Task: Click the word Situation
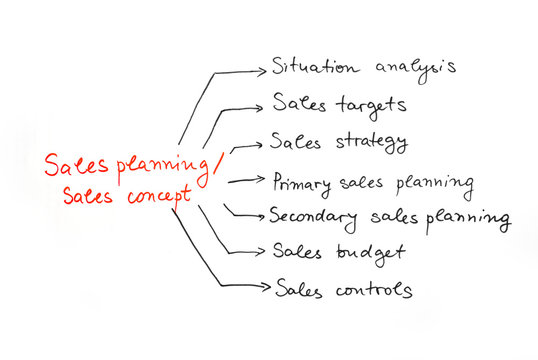pyautogui.click(x=309, y=67)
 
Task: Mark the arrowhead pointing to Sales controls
pyautogui.click(x=264, y=288)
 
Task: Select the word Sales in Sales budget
pyautogui.click(x=296, y=251)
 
